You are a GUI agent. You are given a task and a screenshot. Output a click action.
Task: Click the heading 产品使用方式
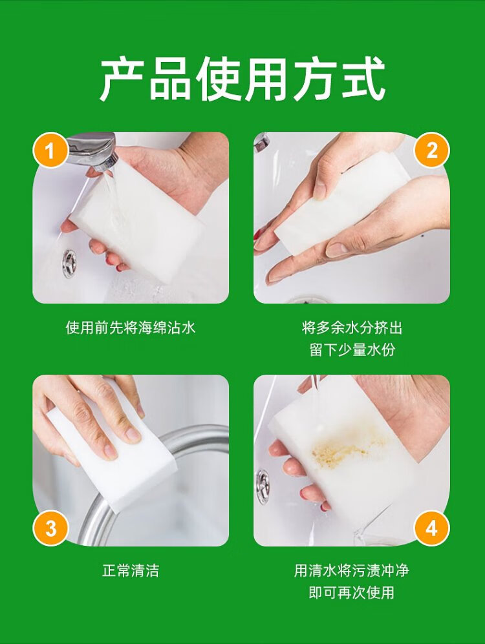(242, 79)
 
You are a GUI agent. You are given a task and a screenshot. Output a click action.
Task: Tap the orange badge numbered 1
(50, 151)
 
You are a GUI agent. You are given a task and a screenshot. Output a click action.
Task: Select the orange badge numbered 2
(432, 151)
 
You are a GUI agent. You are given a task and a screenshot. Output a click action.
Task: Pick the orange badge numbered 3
(50, 528)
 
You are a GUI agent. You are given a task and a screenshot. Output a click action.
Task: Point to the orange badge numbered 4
(432, 528)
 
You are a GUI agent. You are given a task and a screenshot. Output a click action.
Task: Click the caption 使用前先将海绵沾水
(130, 327)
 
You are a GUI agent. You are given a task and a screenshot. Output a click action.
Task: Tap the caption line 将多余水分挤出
(352, 327)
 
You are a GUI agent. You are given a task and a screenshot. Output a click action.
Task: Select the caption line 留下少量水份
(352, 349)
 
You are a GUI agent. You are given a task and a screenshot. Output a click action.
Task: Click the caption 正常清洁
(130, 570)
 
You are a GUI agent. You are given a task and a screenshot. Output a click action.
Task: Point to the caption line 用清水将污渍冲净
(352, 570)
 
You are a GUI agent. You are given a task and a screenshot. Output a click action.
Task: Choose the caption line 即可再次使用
(352, 592)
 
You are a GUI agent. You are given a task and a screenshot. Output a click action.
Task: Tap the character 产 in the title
(122, 79)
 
